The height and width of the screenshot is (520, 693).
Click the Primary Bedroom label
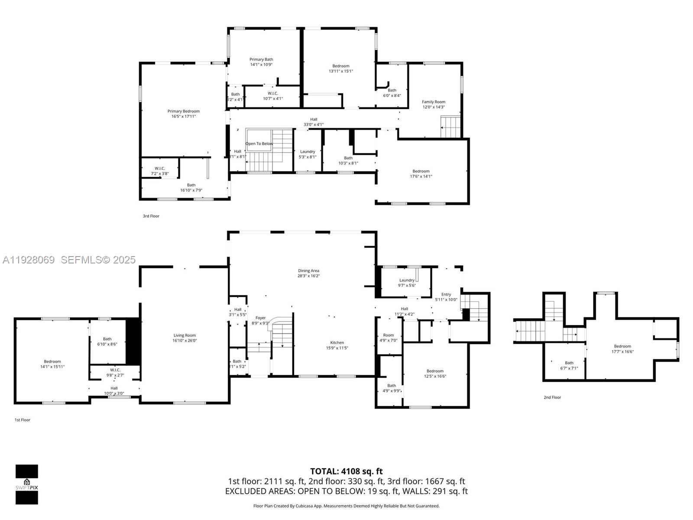[x=184, y=111]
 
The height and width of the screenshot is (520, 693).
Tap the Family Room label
[x=434, y=102]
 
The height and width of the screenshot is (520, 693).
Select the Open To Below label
[x=259, y=143]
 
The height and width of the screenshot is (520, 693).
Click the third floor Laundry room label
[x=308, y=152]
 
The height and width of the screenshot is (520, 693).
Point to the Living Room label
[x=185, y=335]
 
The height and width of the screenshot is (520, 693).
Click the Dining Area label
[x=308, y=270]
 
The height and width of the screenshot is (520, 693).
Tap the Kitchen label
[x=337, y=342]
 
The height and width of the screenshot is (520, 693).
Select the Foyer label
[x=260, y=318]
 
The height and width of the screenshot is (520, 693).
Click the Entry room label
[x=446, y=294]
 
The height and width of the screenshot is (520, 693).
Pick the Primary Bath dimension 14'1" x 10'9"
[x=261, y=65]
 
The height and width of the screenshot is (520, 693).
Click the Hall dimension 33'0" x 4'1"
[x=314, y=125]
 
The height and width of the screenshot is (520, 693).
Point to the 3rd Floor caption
[x=151, y=216]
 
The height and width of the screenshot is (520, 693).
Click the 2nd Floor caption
[x=552, y=397]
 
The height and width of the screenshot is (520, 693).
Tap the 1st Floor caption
[x=23, y=420]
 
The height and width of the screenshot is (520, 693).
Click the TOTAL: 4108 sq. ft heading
[x=346, y=471]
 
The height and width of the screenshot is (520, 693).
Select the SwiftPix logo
[x=27, y=484]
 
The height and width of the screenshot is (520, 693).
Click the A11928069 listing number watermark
[x=29, y=260]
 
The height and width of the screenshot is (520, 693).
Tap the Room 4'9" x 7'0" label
[x=389, y=338]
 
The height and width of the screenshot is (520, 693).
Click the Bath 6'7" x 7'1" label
[x=569, y=365]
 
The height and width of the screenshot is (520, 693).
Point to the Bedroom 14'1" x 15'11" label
[x=52, y=364]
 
